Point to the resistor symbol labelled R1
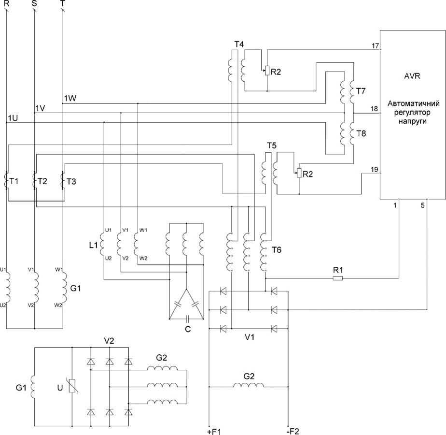337,278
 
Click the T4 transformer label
238,44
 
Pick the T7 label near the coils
361,91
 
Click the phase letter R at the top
6,4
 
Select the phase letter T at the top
63,4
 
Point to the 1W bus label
70,98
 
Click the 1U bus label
13,118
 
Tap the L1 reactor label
94,245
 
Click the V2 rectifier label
109,340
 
